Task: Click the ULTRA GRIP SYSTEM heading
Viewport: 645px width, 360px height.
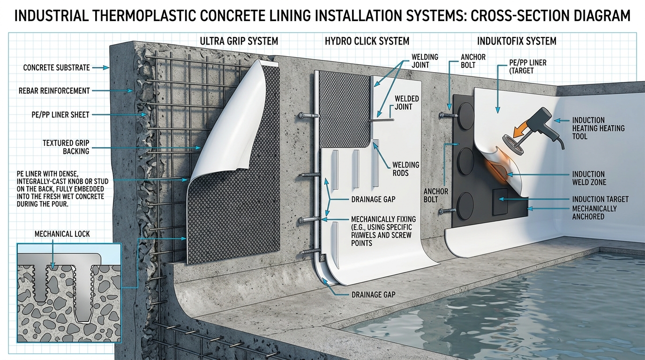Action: click(x=239, y=41)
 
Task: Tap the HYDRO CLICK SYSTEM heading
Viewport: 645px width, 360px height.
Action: click(x=367, y=41)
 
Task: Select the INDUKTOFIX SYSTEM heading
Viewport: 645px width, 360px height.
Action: click(x=517, y=41)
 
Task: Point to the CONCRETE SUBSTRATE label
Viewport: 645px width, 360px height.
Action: click(x=56, y=67)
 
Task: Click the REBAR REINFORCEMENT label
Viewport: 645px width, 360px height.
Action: click(x=54, y=91)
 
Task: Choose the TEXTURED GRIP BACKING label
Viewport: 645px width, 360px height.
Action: click(x=66, y=147)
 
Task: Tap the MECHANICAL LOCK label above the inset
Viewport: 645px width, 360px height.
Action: click(x=62, y=233)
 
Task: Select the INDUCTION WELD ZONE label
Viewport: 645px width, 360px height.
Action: click(x=589, y=178)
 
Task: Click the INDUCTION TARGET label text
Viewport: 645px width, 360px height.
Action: click(x=600, y=199)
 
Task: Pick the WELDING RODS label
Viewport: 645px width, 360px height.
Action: click(x=406, y=169)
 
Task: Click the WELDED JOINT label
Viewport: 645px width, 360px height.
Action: click(x=406, y=103)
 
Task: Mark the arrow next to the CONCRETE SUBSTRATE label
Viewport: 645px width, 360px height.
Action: click(x=101, y=67)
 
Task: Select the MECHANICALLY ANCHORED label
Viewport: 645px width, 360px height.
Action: click(x=594, y=212)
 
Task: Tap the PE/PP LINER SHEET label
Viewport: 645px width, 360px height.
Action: click(x=60, y=115)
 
